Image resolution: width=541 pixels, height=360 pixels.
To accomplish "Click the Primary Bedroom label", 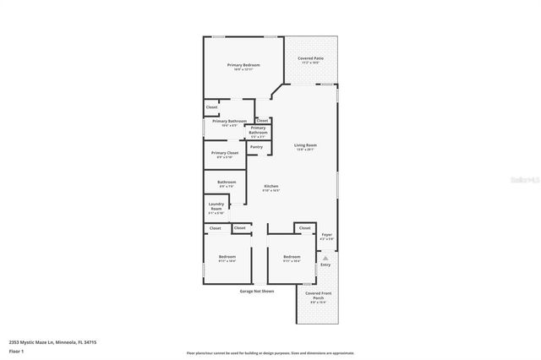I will point(243,65).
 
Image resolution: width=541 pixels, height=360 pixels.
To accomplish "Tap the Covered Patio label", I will point(309,58).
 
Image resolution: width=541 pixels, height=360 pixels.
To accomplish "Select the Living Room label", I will point(305,145).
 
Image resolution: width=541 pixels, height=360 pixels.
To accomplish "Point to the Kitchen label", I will point(270,186).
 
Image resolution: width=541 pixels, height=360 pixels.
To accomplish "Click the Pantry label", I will point(256,147).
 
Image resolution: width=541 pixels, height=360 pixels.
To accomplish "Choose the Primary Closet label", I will point(225,153).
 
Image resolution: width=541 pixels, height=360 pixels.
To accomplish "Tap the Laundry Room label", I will point(216,207).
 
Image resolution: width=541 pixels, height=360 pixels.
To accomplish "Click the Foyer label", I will point(326,235).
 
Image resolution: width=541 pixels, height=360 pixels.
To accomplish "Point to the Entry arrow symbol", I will point(325,258).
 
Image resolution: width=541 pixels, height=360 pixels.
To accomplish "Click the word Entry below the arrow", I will point(325,265).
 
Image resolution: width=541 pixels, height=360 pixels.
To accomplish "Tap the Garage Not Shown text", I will point(256,291).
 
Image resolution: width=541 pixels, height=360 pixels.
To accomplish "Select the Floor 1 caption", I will point(17,351).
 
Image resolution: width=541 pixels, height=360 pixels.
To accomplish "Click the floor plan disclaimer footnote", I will point(270,352).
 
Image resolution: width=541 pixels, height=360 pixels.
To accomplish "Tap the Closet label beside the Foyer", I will point(304,228).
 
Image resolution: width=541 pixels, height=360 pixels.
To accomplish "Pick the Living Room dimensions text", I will point(305,150).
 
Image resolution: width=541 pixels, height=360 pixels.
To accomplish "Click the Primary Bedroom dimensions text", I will point(243,70).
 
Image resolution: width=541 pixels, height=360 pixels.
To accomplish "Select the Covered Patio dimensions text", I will point(309,63).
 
